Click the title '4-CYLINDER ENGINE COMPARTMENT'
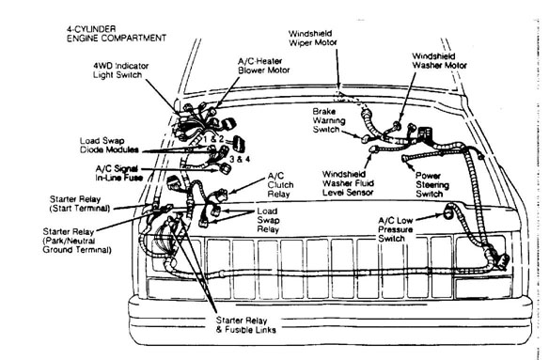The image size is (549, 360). [117, 34]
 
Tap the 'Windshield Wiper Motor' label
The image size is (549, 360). [312, 39]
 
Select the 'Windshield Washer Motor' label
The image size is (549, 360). [439, 60]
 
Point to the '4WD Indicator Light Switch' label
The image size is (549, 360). [120, 70]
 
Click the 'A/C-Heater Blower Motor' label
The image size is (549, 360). [264, 66]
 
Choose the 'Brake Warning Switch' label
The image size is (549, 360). [329, 120]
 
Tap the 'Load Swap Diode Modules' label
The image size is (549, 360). [109, 145]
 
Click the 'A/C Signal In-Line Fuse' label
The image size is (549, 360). [118, 173]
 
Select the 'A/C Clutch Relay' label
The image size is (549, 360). [280, 185]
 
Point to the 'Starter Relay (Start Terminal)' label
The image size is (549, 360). [80, 204]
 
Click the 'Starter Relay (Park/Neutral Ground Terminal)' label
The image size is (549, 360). [77, 241]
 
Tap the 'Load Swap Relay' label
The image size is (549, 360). [268, 220]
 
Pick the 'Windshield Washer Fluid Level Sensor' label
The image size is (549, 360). [348, 183]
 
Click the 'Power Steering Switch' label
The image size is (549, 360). [432, 185]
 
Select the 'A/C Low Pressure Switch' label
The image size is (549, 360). [395, 229]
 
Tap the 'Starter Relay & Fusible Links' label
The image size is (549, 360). [245, 325]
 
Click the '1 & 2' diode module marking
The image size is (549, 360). [213, 139]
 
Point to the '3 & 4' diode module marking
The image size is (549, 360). [240, 159]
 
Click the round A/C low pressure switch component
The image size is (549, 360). [447, 212]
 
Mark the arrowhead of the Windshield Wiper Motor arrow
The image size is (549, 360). [337, 86]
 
